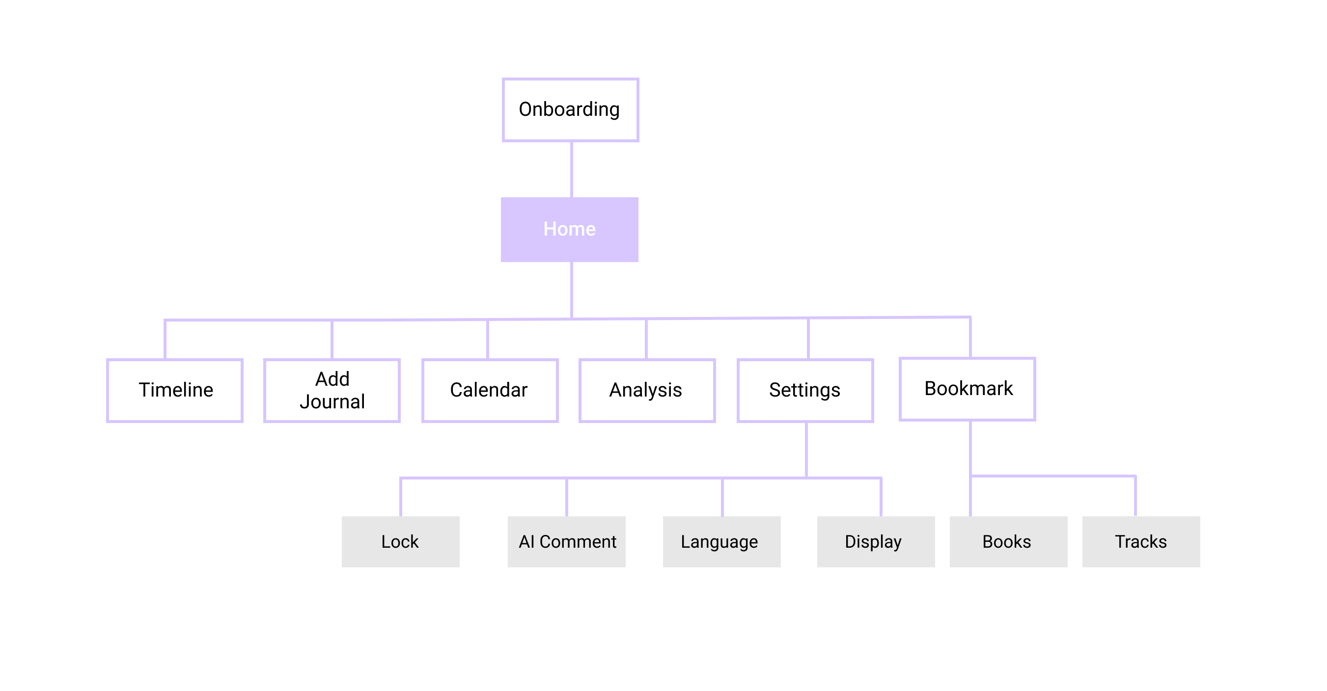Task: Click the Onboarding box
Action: point(570,109)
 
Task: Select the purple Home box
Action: point(569,229)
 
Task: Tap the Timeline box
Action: point(175,390)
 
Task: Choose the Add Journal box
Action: point(332,390)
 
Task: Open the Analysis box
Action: point(647,390)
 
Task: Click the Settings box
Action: point(805,390)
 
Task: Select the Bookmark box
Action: point(968,389)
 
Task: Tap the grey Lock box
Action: point(400,542)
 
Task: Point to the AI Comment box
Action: point(566,542)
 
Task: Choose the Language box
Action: point(722,542)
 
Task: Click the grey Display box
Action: point(876,542)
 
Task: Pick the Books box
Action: point(1009,542)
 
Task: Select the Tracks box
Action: point(1141,542)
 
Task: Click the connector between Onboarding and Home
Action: point(571,169)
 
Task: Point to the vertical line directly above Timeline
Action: point(165,339)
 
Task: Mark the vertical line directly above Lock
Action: point(401,497)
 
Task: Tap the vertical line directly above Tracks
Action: point(1135,496)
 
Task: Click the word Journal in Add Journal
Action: point(332,401)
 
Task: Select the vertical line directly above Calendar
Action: point(487,339)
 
